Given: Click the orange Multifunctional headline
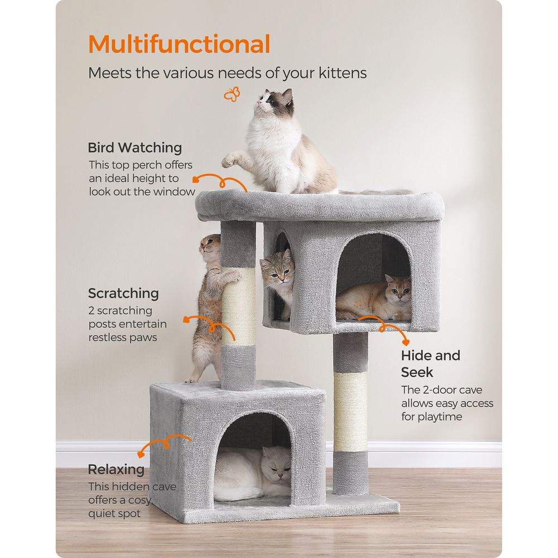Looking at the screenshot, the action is click(179, 44).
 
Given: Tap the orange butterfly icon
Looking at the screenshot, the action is click(232, 94).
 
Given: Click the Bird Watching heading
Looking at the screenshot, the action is click(135, 148).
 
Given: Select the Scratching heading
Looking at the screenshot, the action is click(123, 294).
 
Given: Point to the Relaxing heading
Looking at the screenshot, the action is click(117, 469).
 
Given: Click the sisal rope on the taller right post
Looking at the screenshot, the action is click(350, 412).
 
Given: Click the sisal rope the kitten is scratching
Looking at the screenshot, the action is click(239, 306).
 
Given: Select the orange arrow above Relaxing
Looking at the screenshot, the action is click(165, 444).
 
